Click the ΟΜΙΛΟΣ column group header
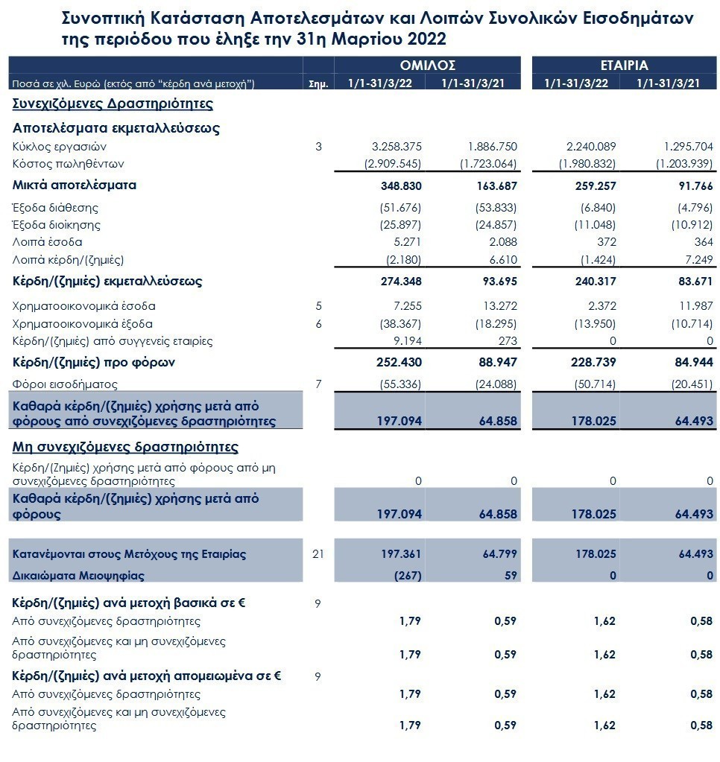coord(427,65)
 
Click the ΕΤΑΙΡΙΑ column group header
coord(625,65)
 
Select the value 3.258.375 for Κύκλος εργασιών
coord(397,146)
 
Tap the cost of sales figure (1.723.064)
coord(489,164)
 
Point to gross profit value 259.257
coord(596,185)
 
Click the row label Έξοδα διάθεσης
coord(55,208)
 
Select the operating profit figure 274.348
coord(401,282)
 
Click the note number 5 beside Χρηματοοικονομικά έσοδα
coord(318,306)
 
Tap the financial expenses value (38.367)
coord(400,324)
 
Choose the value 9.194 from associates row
coord(408,341)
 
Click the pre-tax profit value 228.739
coord(593,363)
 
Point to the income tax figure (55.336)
coord(400,384)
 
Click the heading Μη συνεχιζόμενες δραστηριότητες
coord(125,447)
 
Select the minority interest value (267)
coord(408,576)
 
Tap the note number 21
coord(318,554)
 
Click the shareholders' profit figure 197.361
coord(401,554)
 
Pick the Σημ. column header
coord(318,84)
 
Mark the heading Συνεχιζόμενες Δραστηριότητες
coord(113,104)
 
